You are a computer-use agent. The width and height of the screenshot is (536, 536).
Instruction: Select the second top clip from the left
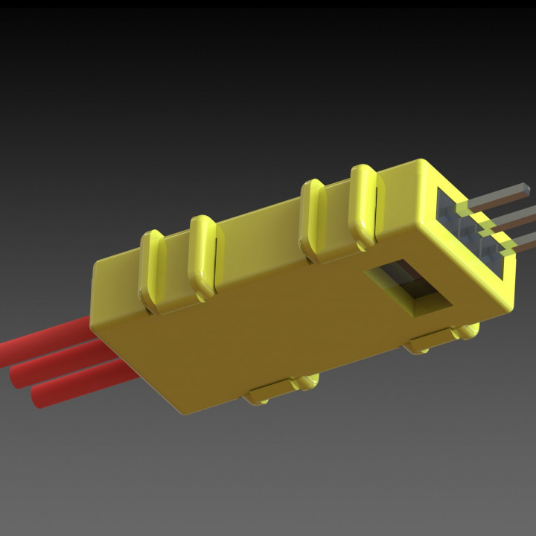click(x=202, y=253)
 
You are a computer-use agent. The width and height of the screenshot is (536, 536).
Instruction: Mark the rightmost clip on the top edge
click(x=363, y=204)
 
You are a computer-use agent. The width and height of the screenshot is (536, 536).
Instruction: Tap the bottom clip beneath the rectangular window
click(x=439, y=339)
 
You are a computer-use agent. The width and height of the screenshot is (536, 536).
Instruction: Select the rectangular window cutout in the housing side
click(x=409, y=287)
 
